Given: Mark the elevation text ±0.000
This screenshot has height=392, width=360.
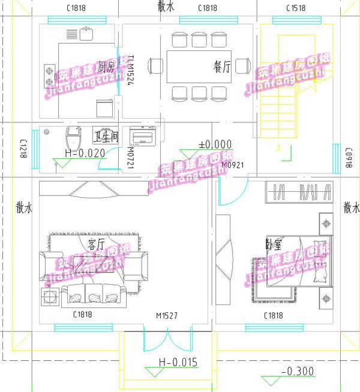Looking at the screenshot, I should point(215,144).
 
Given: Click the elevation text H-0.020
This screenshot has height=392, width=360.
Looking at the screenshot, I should point(85,153).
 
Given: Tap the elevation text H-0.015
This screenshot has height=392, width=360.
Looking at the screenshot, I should point(178,362).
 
